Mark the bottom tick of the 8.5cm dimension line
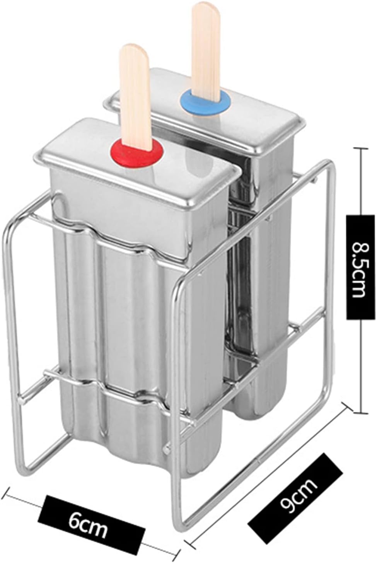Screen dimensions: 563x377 (361, 412)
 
